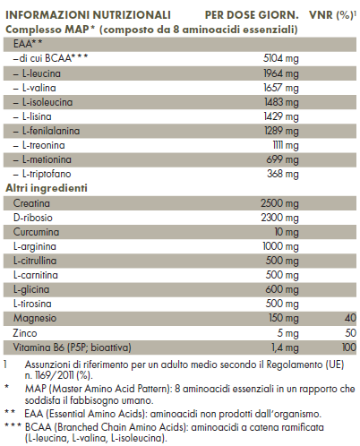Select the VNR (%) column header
tap(330, 15)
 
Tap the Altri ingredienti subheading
tap(47, 189)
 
